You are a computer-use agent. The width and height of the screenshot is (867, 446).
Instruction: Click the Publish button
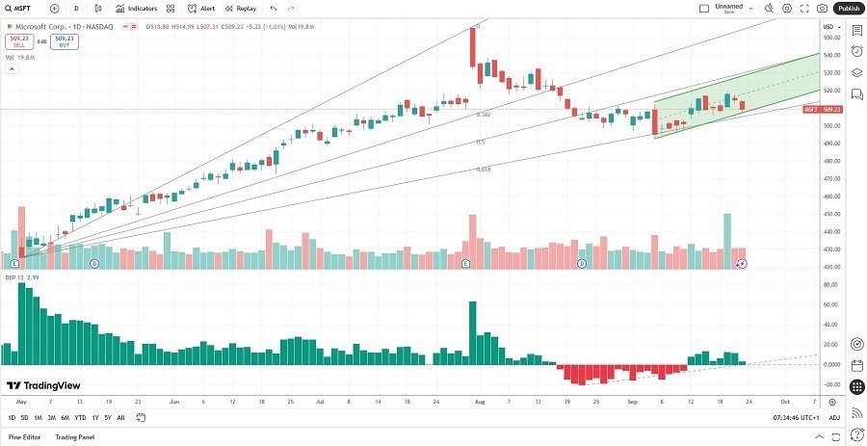[x=848, y=8]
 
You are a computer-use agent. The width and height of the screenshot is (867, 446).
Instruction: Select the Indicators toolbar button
[x=137, y=8]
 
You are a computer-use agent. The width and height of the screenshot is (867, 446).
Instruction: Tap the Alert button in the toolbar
[x=202, y=8]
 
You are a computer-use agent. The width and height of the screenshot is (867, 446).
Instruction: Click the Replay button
[x=241, y=8]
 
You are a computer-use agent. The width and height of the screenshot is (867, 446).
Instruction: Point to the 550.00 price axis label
[x=832, y=38]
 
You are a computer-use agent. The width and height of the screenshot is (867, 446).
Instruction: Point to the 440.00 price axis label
[x=832, y=231]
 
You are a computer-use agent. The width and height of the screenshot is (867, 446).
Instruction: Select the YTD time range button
[x=79, y=417]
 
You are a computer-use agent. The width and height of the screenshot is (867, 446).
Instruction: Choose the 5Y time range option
[x=107, y=417]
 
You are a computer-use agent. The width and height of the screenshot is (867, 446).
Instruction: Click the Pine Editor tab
[x=25, y=437]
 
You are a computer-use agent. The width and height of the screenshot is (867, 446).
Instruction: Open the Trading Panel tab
[x=74, y=437]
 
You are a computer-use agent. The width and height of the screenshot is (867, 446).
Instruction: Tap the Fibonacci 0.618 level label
[x=484, y=170]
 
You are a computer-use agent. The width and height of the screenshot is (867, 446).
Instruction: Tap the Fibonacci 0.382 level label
[x=484, y=115]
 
